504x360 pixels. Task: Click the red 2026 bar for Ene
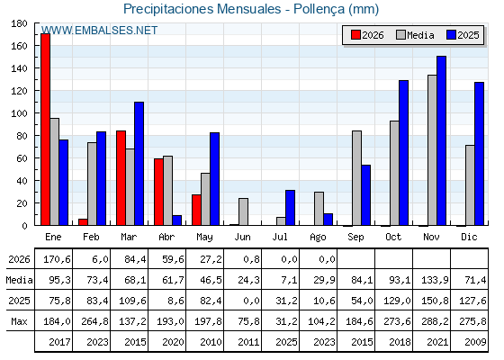click(x=45, y=130)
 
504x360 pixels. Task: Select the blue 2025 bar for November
click(x=441, y=140)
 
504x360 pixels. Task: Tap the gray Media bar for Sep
click(x=356, y=178)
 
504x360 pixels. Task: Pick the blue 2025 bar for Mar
click(x=139, y=164)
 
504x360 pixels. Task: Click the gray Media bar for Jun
click(x=243, y=211)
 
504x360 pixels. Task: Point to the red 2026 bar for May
click(x=196, y=210)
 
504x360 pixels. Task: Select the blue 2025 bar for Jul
click(x=290, y=208)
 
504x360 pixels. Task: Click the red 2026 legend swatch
click(x=355, y=35)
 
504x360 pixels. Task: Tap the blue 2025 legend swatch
click(x=451, y=35)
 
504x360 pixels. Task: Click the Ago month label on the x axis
click(x=318, y=238)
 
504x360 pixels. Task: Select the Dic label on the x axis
click(x=469, y=237)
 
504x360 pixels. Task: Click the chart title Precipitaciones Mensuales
click(x=202, y=9)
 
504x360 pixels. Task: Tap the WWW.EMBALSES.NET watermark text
click(x=99, y=31)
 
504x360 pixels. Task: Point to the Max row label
click(x=19, y=321)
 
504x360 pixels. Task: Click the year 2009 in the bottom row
click(x=475, y=342)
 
